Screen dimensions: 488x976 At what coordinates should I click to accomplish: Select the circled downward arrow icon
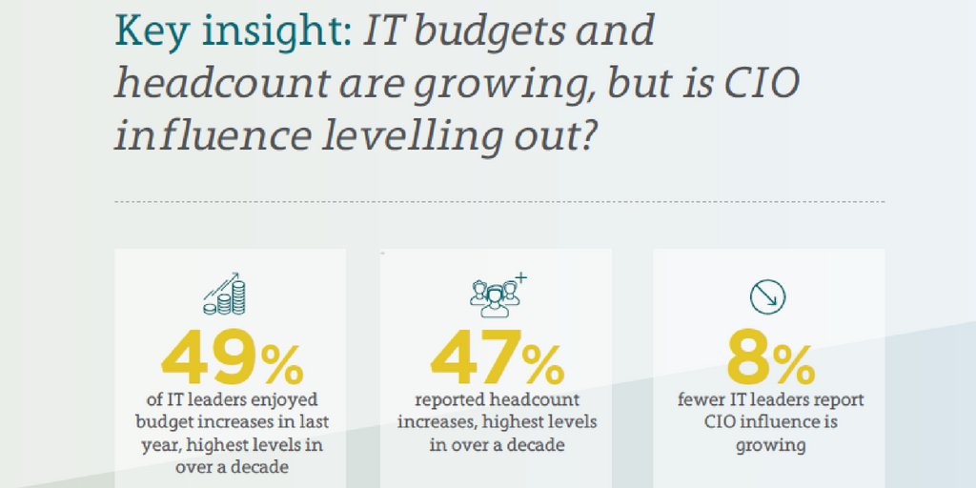tap(766, 297)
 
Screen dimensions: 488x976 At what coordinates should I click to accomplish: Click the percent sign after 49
tap(281, 363)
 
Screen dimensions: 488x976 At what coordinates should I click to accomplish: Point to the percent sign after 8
tap(794, 363)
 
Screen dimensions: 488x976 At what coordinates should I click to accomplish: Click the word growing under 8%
tap(769, 444)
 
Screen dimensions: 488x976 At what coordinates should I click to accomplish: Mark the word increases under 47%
tap(434, 422)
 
